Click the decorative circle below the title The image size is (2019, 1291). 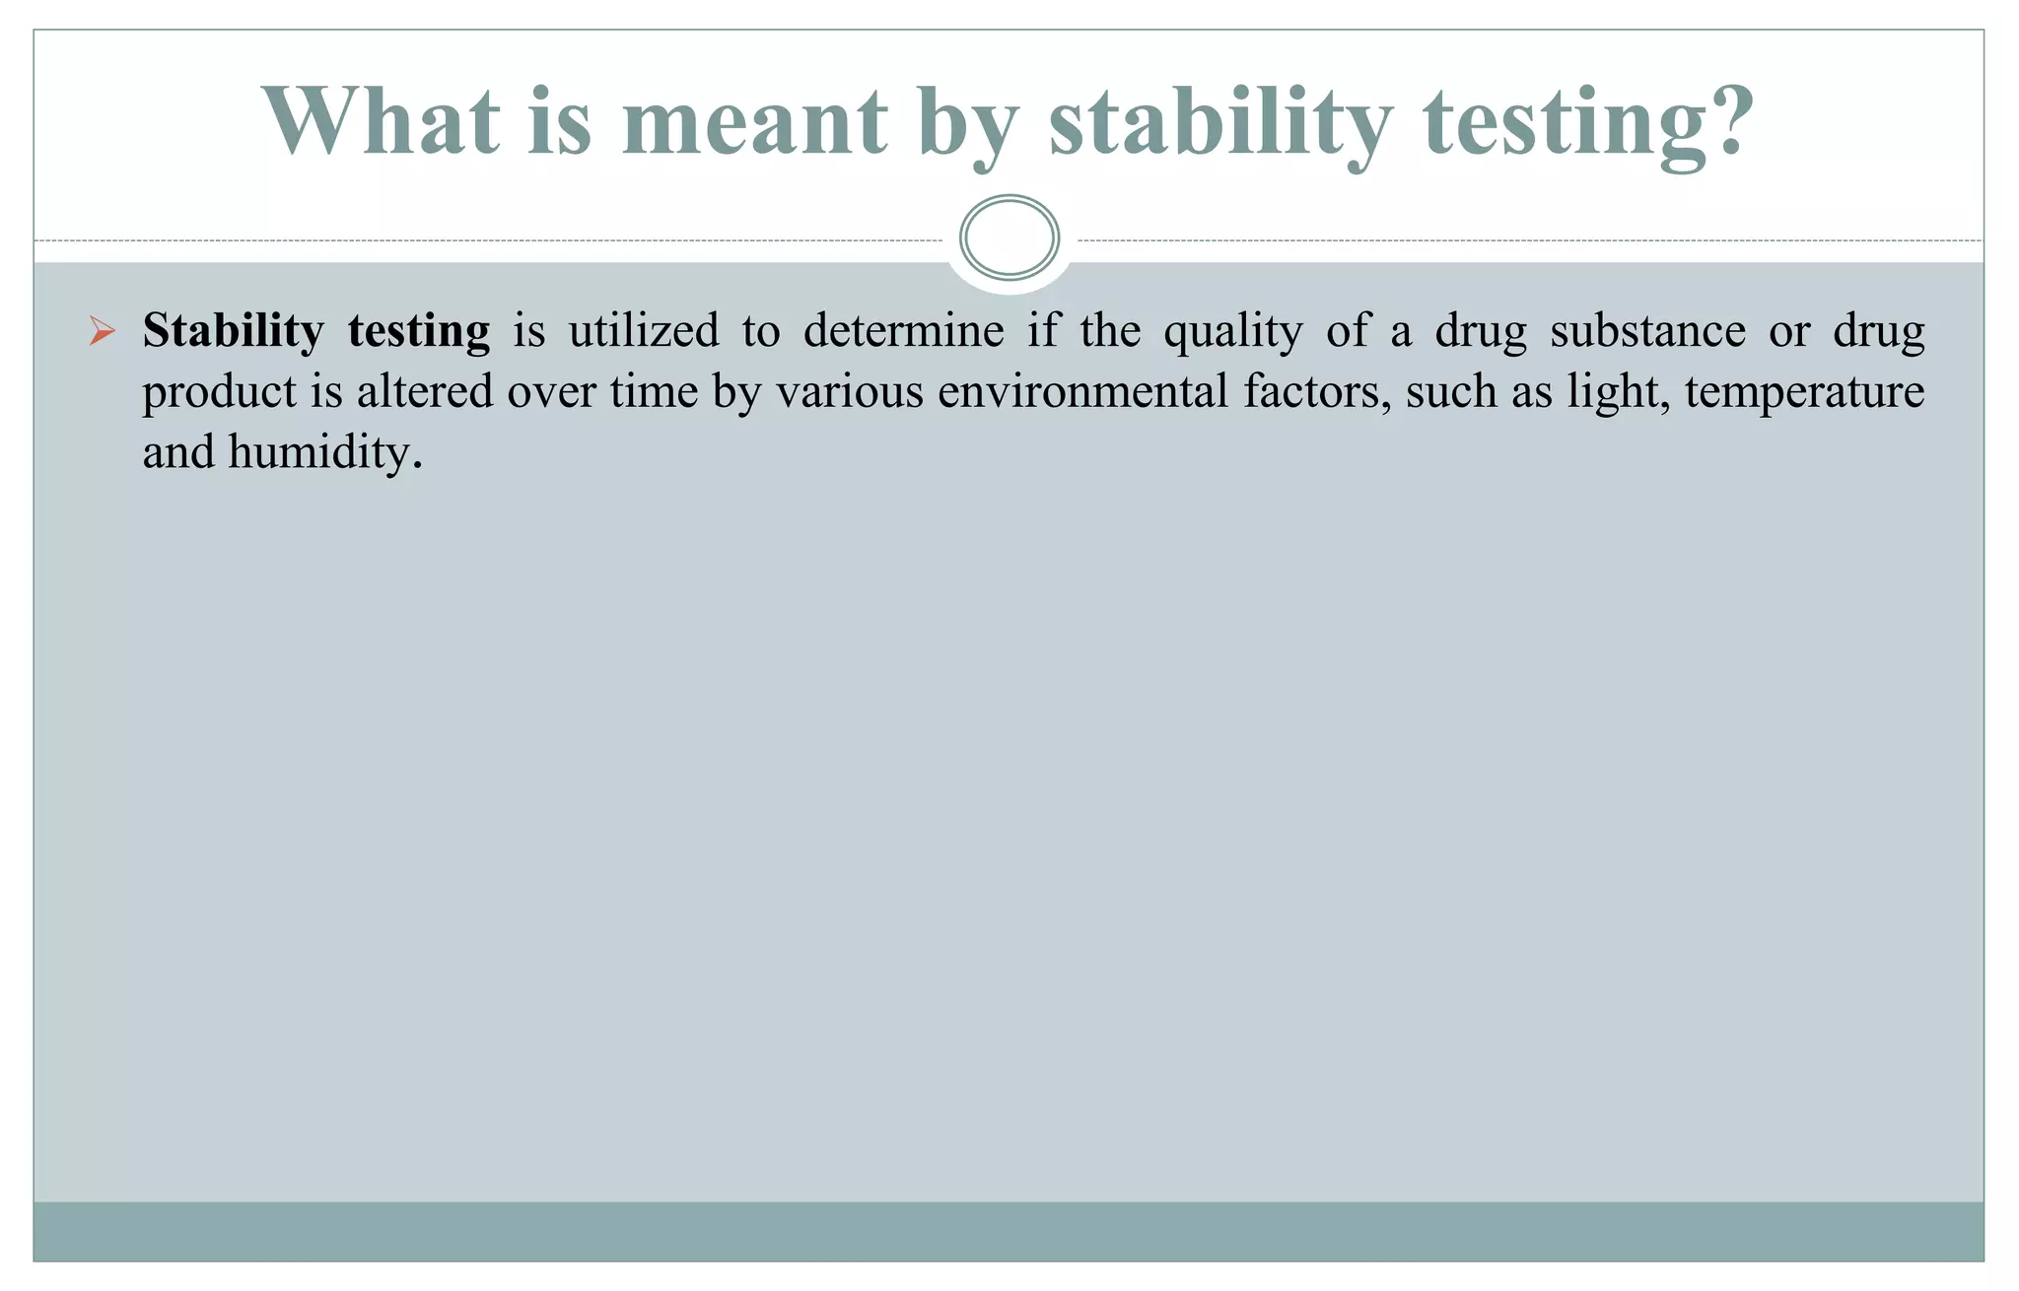1009,238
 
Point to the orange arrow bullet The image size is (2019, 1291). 102,331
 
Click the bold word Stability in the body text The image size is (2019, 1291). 233,331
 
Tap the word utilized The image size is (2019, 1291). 644,331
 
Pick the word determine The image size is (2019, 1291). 903,331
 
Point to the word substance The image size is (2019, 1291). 1647,331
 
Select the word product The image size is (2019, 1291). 220,393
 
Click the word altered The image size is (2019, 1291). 424,391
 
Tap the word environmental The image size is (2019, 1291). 1082,391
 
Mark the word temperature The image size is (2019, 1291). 1804,393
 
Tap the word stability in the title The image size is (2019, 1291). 1219,122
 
